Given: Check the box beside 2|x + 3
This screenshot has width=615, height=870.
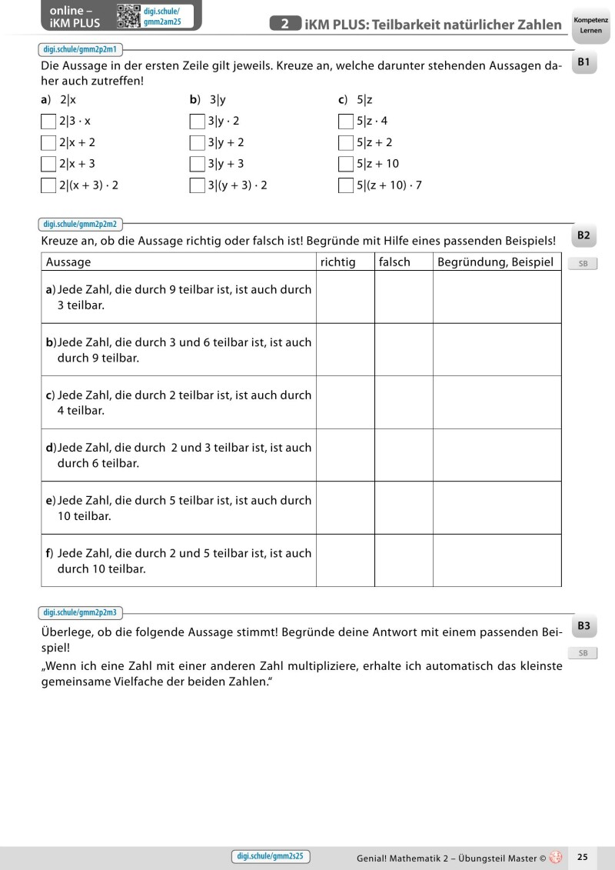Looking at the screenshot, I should tap(48, 164).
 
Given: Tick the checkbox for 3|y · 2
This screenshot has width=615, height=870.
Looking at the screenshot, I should tap(198, 121).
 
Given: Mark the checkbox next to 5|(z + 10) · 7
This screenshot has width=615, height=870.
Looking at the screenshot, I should tap(346, 185).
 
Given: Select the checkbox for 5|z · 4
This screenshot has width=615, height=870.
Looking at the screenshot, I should tap(346, 121).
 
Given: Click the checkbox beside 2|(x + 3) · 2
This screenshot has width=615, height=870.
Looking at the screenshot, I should tap(48, 185).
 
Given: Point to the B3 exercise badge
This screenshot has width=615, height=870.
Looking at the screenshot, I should tap(583, 627).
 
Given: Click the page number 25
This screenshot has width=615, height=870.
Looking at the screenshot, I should tap(582, 856).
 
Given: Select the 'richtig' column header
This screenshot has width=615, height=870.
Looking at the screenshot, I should tap(338, 262).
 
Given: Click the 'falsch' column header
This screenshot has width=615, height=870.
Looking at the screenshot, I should tap(394, 262).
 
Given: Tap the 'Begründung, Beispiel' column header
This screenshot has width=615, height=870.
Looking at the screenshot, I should tap(495, 262).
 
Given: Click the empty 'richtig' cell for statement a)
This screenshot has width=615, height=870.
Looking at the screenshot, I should tap(345, 297).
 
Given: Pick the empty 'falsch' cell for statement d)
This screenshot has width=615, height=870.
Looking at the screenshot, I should tap(404, 455).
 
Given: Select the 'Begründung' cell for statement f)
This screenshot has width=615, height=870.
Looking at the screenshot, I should tap(497, 560).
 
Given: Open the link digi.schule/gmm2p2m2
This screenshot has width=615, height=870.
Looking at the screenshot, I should tap(81, 225).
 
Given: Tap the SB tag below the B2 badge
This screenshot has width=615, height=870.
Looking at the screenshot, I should tap(583, 264).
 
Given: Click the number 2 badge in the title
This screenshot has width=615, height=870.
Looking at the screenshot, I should tap(285, 25).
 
